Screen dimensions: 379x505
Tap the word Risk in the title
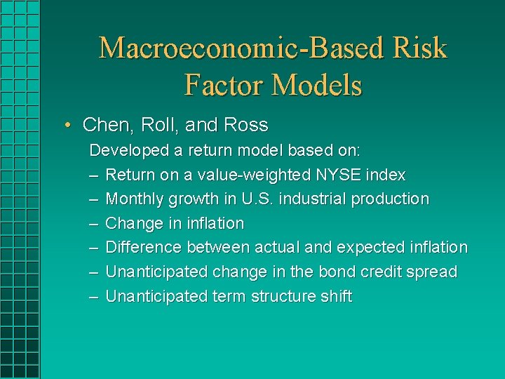click(419, 48)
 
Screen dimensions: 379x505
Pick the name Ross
click(246, 125)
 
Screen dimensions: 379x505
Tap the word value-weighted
click(246, 174)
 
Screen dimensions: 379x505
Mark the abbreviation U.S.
click(257, 199)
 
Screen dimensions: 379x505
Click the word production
click(390, 199)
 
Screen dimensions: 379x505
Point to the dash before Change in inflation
click(93, 223)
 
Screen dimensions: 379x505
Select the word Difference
click(143, 247)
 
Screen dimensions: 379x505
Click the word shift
click(335, 296)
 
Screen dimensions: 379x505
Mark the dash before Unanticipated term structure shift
click(93, 296)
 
